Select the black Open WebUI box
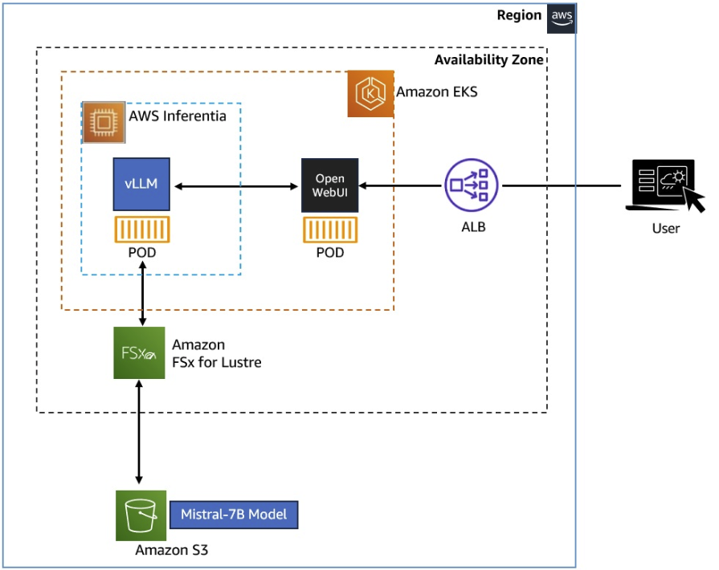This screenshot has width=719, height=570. click(x=329, y=185)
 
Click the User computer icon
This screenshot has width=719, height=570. click(x=664, y=186)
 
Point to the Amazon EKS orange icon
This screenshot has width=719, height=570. click(x=370, y=93)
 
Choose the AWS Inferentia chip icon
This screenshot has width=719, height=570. click(x=103, y=122)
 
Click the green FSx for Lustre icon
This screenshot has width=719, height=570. click(x=139, y=353)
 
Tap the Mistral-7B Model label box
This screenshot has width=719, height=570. click(x=233, y=515)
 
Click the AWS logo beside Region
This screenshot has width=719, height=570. click(x=561, y=17)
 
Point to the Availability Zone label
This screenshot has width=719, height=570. click(x=488, y=60)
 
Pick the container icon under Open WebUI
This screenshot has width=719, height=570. click(x=329, y=230)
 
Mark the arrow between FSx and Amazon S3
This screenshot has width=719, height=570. click(x=140, y=434)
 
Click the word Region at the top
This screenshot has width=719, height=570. click(x=519, y=15)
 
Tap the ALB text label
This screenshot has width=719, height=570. click(x=472, y=227)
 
